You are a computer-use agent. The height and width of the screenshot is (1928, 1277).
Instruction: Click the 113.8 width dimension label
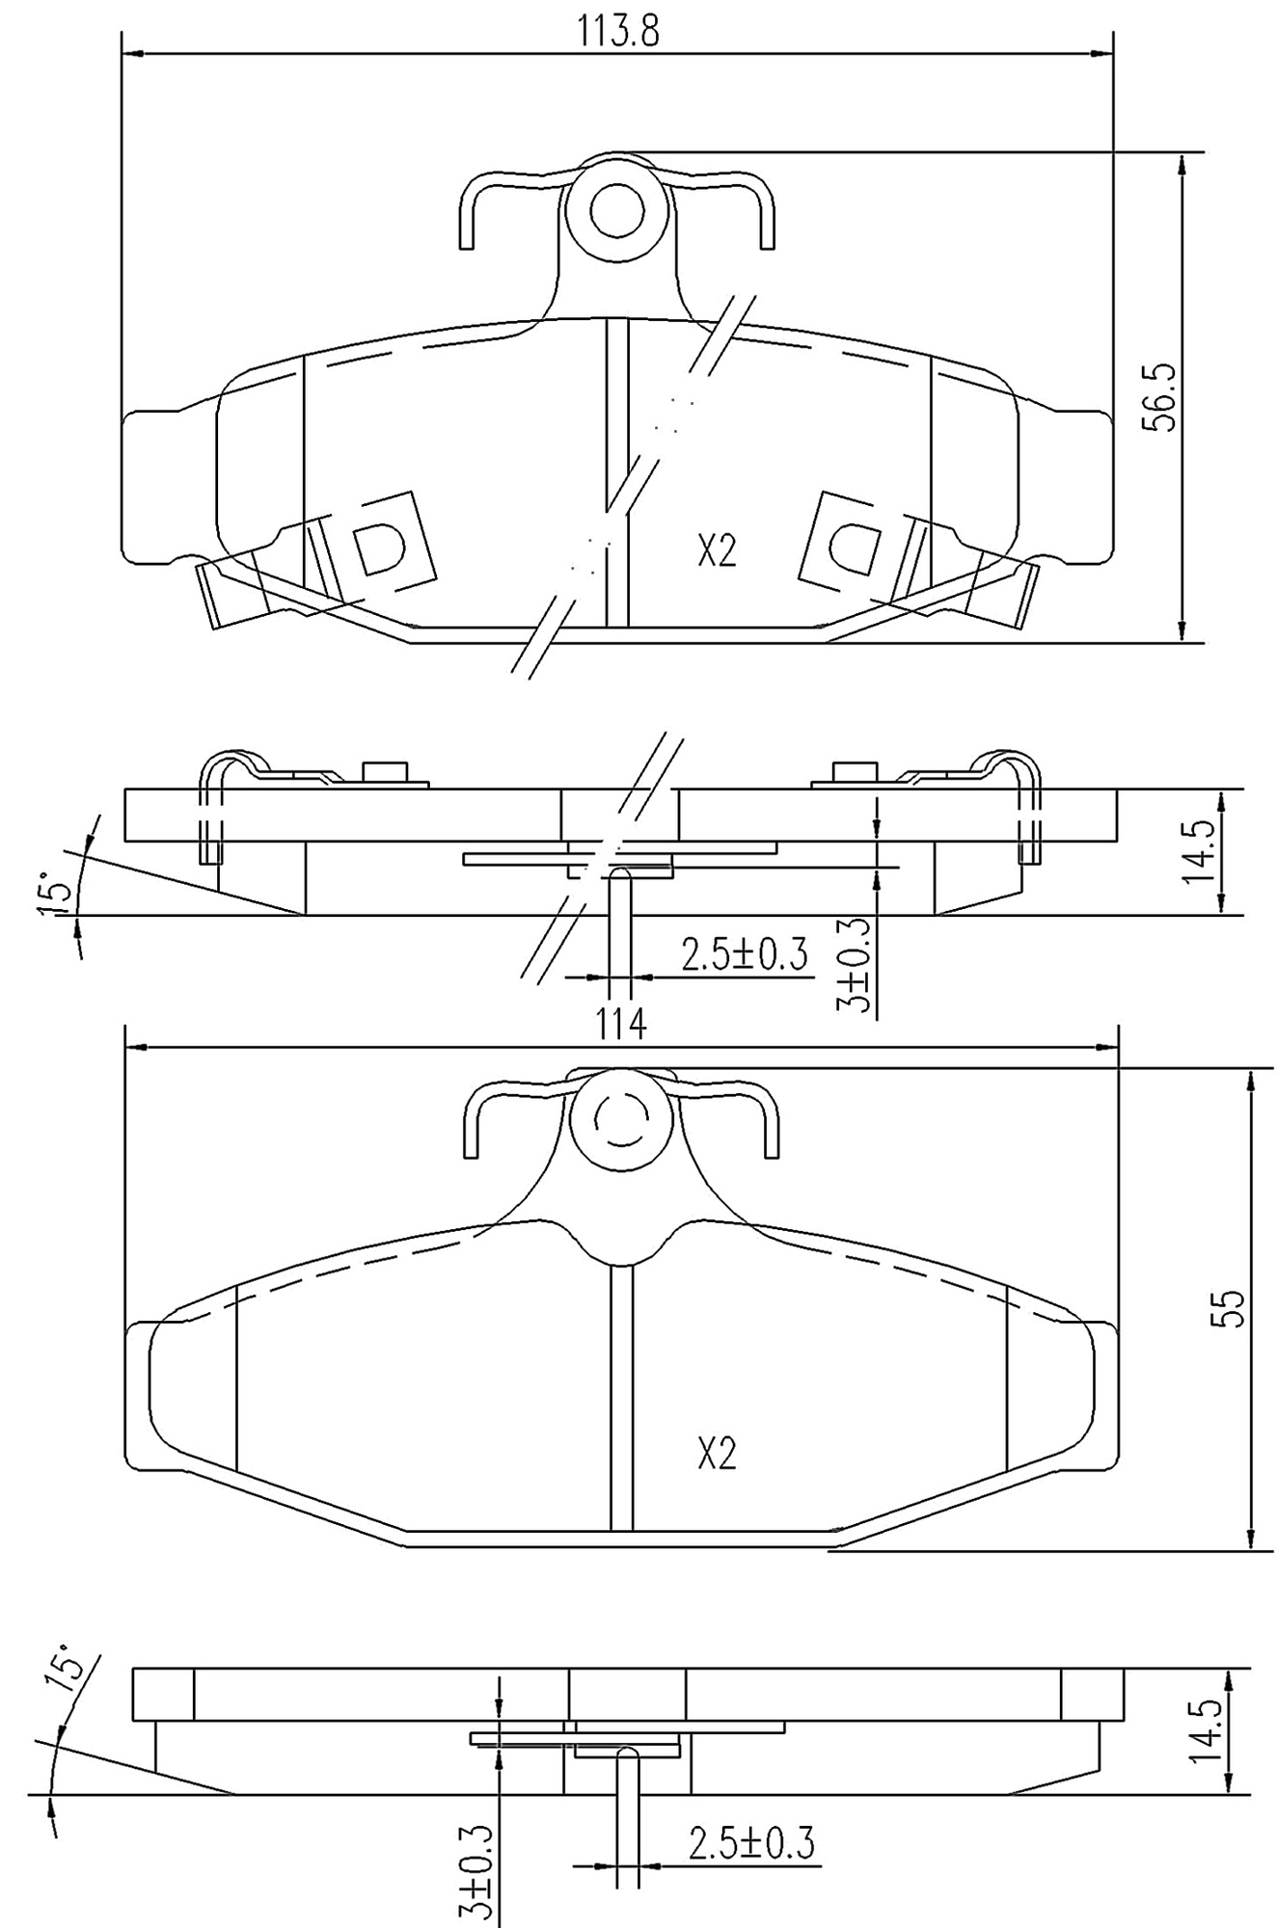click(617, 32)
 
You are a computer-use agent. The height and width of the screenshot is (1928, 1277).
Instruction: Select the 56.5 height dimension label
click(1161, 397)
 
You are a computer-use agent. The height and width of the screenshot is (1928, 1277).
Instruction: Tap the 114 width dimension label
click(619, 1023)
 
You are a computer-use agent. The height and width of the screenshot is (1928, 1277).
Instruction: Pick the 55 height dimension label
click(1231, 1309)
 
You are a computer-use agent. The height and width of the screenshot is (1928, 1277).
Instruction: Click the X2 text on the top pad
click(717, 551)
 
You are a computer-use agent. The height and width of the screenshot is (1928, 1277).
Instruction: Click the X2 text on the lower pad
click(717, 1453)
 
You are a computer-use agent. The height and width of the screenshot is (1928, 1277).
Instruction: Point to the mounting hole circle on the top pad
click(616, 210)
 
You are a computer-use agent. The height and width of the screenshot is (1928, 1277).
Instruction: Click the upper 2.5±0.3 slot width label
click(744, 955)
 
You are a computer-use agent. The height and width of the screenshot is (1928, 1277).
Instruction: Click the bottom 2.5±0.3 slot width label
click(750, 1844)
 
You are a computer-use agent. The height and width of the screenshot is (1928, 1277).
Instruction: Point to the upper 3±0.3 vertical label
click(854, 964)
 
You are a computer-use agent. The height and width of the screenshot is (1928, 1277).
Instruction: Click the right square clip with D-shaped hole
click(854, 545)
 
